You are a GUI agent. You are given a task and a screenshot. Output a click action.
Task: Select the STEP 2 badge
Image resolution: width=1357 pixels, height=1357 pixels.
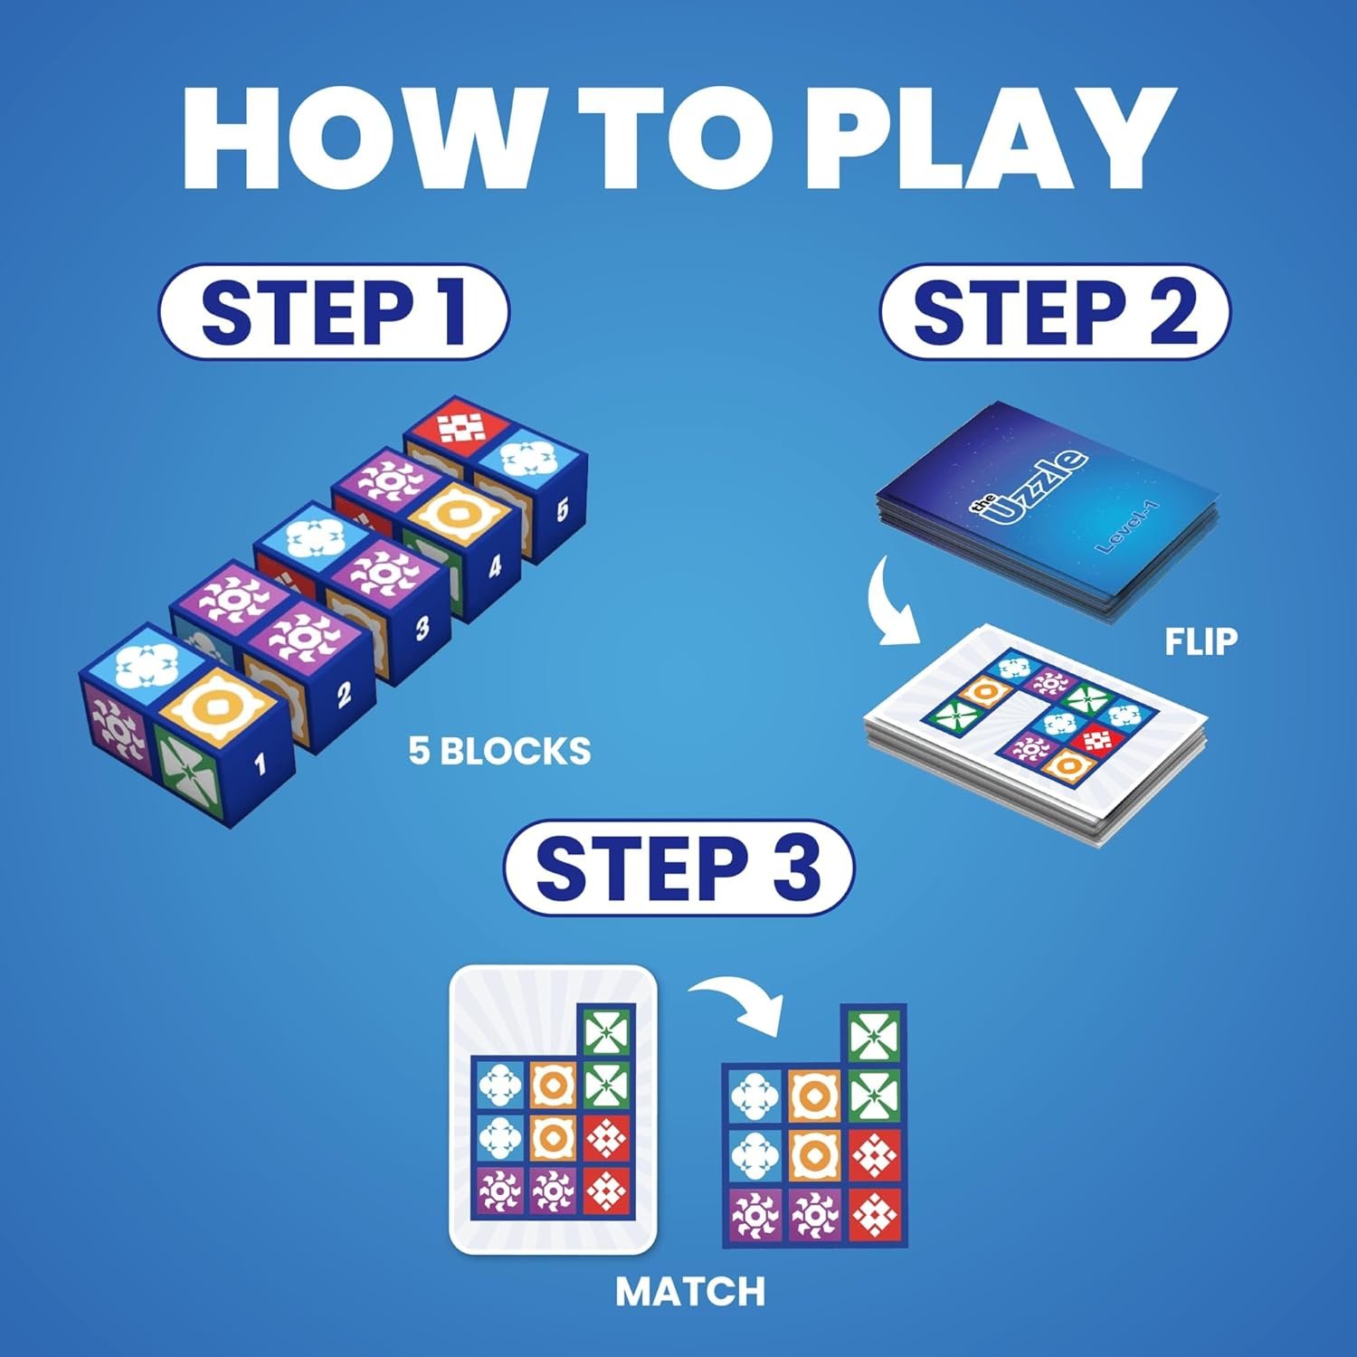pos(1054,312)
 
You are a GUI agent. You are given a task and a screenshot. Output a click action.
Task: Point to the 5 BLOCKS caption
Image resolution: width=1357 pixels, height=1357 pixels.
pos(499,752)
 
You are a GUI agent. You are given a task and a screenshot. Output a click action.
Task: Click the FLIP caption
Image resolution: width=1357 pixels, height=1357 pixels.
pos(1200,641)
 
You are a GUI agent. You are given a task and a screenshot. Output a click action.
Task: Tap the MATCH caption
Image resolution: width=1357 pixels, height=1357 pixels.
pos(690,1292)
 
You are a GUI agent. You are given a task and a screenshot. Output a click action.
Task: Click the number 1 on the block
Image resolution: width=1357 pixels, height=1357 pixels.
pos(261,764)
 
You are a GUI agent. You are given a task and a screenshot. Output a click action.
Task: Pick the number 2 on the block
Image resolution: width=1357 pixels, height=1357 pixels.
pos(344,695)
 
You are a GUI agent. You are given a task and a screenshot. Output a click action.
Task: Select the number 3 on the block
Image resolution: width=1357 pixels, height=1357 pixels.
pos(422,628)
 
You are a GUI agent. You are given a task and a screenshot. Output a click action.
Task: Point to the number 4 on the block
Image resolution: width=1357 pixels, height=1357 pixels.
pos(495,567)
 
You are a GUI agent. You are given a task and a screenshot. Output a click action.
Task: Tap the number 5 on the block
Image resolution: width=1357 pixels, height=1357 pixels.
pos(562,509)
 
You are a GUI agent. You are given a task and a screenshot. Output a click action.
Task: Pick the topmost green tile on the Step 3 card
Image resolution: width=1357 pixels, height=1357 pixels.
pos(606,1031)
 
